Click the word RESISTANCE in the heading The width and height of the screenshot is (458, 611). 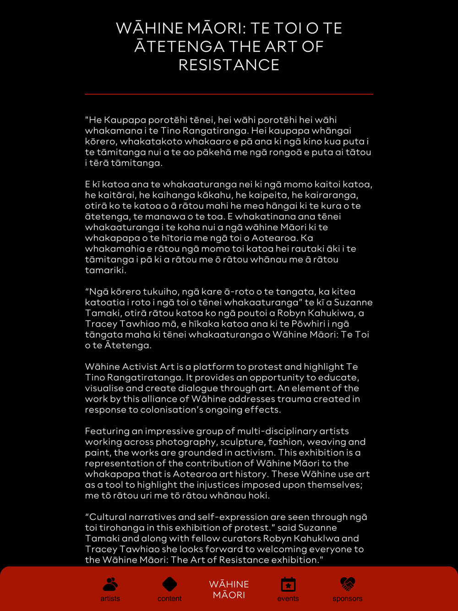pos(229,65)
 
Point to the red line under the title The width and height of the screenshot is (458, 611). pos(229,94)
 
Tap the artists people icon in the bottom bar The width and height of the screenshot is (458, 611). pos(110,584)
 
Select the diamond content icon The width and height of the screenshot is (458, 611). pos(169,584)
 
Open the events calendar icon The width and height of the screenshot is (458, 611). pos(288,584)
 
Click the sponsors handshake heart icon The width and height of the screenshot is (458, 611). pos(348,584)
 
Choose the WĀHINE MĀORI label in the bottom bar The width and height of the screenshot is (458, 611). pos(229,589)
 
